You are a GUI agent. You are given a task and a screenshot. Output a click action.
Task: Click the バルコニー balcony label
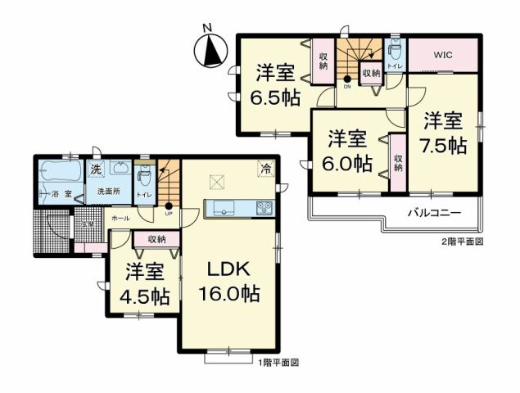point(434,212)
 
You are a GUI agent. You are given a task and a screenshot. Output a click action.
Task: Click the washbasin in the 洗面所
point(119,169)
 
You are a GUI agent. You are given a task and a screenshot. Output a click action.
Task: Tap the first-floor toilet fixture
point(144,177)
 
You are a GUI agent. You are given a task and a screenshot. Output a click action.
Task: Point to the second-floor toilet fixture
point(395,50)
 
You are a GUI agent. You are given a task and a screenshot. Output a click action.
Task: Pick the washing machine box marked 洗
point(95,169)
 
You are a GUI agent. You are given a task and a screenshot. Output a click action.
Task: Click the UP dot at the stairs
point(169,206)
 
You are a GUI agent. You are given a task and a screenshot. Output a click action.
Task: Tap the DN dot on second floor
point(347,79)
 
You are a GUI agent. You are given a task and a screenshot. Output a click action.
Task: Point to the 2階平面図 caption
point(463,242)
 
